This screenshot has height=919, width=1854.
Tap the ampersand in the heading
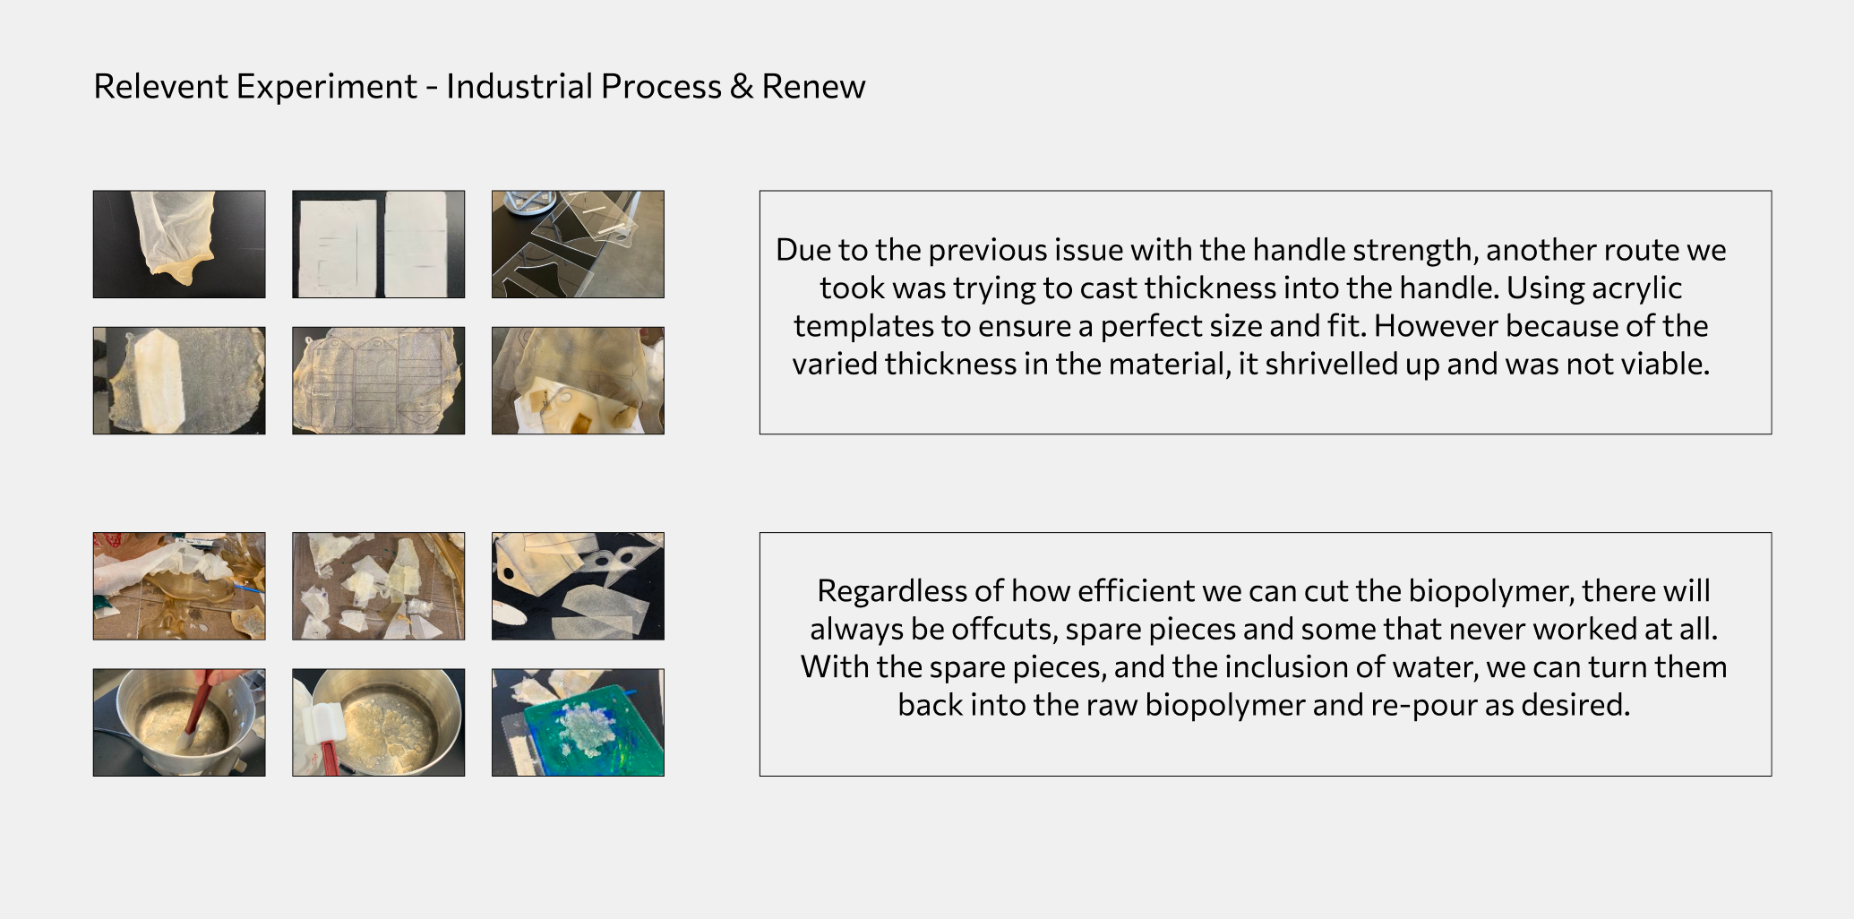[741, 87]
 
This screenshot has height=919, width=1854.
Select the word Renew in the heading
[813, 87]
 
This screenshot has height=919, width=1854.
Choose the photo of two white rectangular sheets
[379, 244]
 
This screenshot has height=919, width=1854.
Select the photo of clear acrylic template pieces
[578, 244]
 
